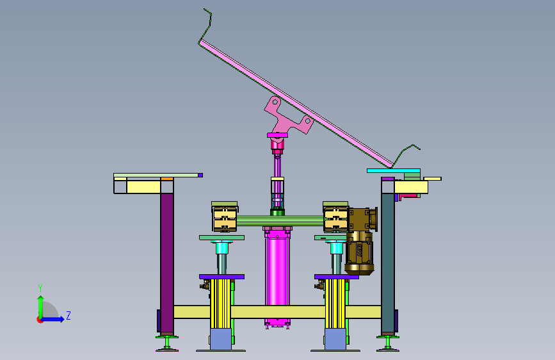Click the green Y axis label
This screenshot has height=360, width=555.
(40, 288)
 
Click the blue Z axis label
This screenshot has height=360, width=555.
(68, 315)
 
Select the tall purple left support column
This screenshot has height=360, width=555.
(166, 263)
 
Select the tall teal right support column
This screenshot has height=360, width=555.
(387, 263)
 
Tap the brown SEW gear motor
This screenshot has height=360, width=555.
(360, 241)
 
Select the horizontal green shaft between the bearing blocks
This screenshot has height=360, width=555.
(280, 220)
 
